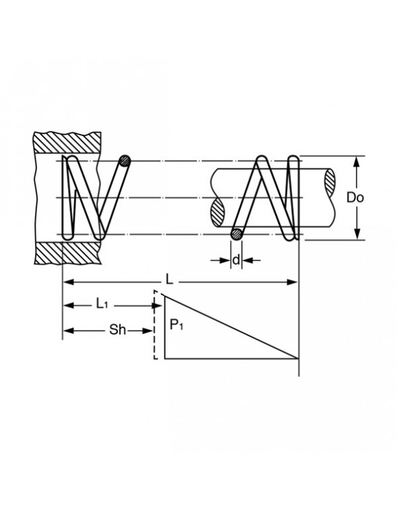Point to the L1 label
(102, 305)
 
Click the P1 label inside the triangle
(176, 327)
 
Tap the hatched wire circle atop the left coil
(124, 161)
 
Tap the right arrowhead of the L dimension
(293, 282)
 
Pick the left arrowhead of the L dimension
(68, 282)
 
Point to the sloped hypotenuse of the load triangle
(229, 326)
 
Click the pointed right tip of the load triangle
(297, 358)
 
